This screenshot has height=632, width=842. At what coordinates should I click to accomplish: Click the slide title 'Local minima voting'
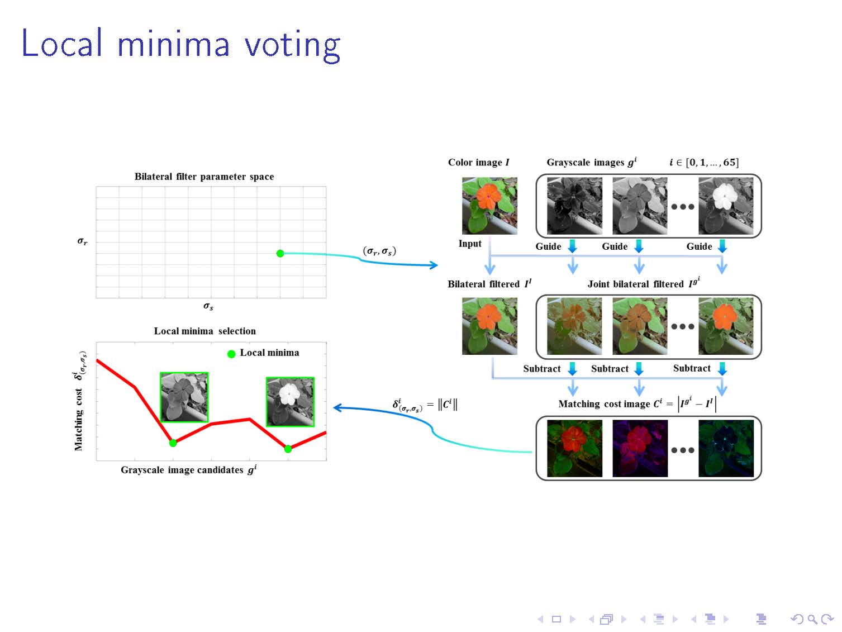[x=180, y=45]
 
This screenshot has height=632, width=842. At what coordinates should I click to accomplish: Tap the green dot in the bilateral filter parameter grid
[x=280, y=254]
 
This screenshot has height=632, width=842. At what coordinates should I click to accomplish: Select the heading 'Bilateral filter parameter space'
[x=204, y=177]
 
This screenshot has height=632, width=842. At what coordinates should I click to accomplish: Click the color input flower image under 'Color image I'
[x=489, y=206]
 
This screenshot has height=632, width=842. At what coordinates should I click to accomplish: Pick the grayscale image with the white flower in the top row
[x=726, y=206]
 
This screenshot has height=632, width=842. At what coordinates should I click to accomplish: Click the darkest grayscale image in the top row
[x=574, y=206]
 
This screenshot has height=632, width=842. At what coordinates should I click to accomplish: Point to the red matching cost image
[x=574, y=448]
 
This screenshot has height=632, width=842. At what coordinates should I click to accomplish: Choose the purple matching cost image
[x=640, y=448]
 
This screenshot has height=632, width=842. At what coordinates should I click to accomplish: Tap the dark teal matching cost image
[x=726, y=448]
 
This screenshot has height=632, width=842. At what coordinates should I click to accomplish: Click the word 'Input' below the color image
[x=470, y=244]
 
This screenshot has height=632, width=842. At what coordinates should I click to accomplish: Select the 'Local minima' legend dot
[x=231, y=354]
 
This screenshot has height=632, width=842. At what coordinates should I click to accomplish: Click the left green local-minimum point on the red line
[x=173, y=443]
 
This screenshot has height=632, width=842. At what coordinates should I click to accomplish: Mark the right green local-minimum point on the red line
[x=288, y=449]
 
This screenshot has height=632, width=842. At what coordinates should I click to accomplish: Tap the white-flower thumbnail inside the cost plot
[x=291, y=402]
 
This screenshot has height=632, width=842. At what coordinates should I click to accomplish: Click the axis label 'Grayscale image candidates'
[x=182, y=470]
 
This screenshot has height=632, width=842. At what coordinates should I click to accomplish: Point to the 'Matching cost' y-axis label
[x=78, y=420]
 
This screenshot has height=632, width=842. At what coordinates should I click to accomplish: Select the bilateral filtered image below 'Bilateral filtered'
[x=489, y=326]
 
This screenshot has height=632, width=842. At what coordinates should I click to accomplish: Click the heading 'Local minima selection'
[x=205, y=331]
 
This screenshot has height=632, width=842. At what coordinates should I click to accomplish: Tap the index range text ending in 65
[x=705, y=162]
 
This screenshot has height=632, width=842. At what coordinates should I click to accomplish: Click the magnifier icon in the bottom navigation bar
[x=811, y=619]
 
